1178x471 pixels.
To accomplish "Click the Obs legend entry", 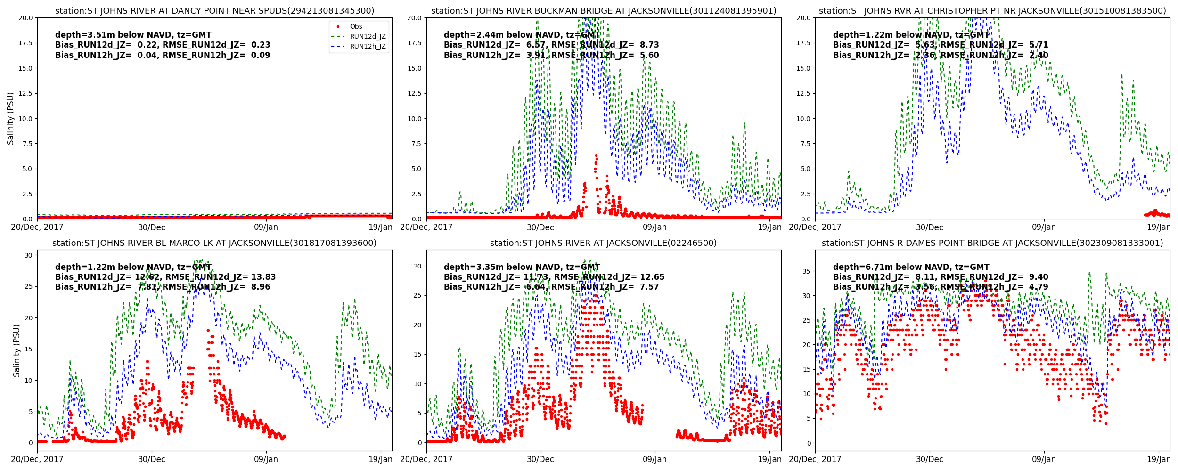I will tap(356, 27).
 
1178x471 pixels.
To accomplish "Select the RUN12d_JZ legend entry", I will tap(368, 37).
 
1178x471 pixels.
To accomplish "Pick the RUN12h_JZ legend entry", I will tap(368, 47).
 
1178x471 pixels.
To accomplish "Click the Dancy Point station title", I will tap(214, 11).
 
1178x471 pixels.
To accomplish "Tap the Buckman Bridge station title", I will tap(604, 11).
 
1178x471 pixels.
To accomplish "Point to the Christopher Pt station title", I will tap(992, 11).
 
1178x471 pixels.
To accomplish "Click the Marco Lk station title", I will tap(214, 243).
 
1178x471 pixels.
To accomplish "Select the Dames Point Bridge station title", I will tap(992, 243).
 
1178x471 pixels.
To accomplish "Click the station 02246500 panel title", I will tap(604, 243).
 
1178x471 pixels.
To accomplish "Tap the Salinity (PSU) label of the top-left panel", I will tap(11, 118).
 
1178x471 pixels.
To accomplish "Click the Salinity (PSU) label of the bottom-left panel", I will tap(17, 350).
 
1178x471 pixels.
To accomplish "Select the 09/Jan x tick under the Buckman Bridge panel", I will tap(654, 227).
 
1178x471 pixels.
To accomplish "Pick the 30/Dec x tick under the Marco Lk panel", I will tap(151, 459).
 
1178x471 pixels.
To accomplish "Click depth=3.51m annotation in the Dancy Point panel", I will tap(133, 35).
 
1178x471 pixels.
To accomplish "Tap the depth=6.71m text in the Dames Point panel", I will tap(911, 267).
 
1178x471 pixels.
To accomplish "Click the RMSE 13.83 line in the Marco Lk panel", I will tap(165, 277).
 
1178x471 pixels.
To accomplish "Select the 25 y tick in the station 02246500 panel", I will tap(417, 295).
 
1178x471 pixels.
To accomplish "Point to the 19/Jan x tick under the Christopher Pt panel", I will tap(1158, 227).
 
